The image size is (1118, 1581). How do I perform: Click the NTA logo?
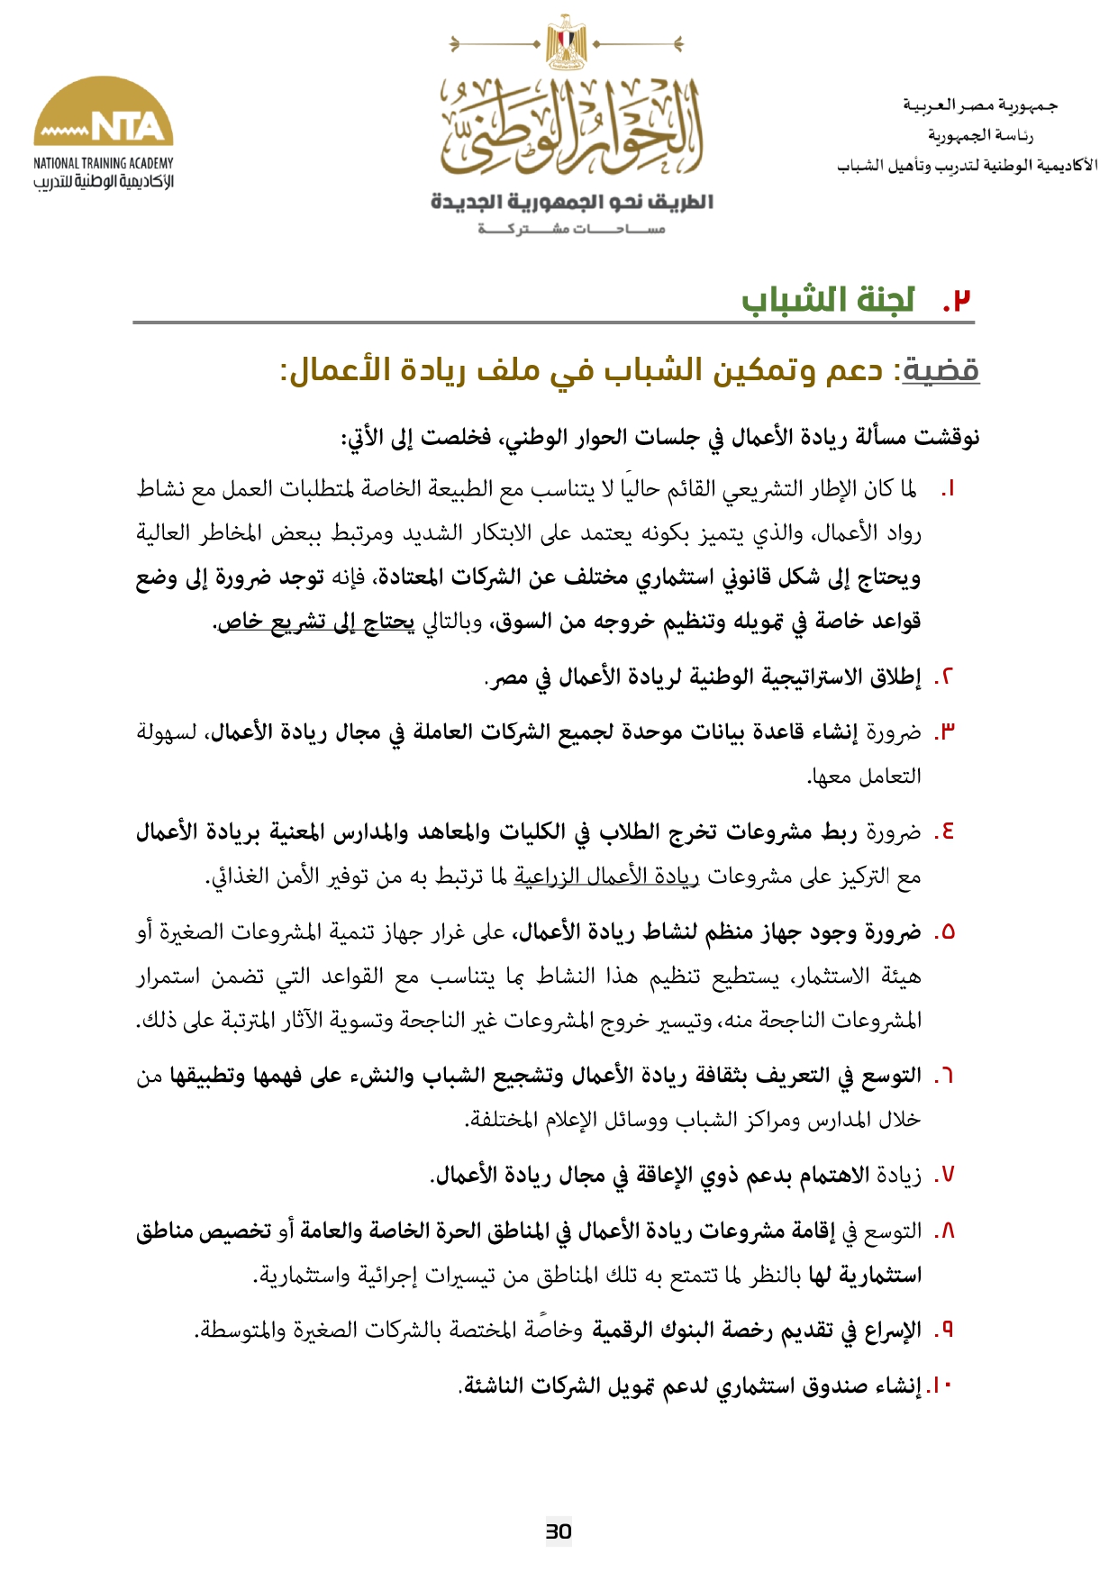click(104, 113)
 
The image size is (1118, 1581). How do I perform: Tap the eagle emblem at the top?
click(566, 41)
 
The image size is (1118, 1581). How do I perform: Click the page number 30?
click(559, 1531)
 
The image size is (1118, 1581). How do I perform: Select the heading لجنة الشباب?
click(828, 300)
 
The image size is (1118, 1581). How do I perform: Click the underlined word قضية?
click(941, 370)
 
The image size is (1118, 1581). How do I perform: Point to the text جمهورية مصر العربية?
click(980, 106)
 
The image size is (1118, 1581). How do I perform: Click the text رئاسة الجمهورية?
click(980, 136)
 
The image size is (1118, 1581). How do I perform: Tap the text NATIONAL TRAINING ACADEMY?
click(104, 163)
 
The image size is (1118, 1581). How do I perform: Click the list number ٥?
click(945, 932)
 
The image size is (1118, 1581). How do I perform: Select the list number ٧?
click(945, 1176)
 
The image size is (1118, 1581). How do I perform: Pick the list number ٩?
click(945, 1330)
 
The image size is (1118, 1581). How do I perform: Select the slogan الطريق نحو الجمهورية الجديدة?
click(572, 202)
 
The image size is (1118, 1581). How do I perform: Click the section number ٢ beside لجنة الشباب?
click(959, 300)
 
